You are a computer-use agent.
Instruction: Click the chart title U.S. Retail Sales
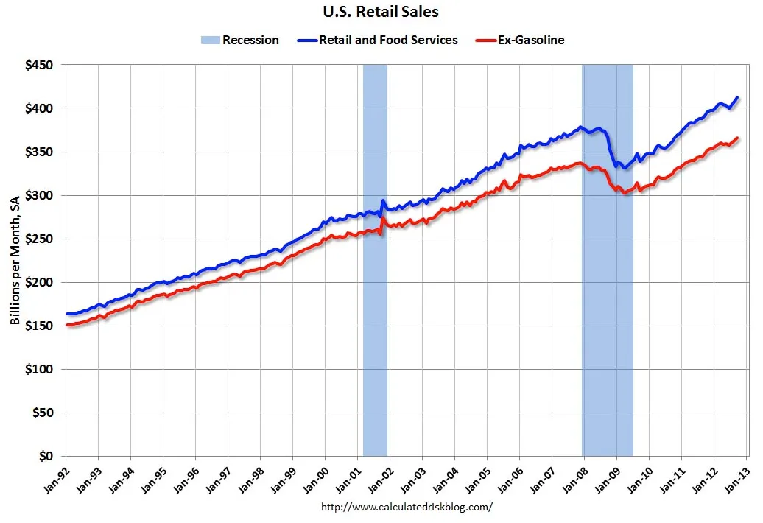click(x=381, y=12)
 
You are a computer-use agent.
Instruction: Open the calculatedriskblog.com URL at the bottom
click(x=407, y=507)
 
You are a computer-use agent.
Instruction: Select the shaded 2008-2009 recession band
click(x=608, y=331)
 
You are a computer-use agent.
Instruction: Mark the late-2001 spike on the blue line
click(x=383, y=200)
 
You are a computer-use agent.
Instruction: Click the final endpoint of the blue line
click(x=737, y=97)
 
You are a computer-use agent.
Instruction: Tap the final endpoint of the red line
click(x=737, y=138)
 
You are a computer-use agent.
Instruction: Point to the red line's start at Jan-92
click(x=66, y=325)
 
